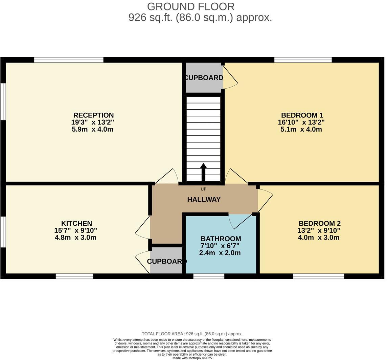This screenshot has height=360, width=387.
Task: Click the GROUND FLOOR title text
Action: pos(190,7)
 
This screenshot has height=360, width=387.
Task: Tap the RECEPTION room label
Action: pos(93,115)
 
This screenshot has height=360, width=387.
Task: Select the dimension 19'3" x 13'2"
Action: pos(92,122)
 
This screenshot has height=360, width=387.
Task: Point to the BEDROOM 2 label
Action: pos(319,223)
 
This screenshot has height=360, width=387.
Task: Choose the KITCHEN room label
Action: pos(76,223)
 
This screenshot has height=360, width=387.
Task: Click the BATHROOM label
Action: pos(221,239)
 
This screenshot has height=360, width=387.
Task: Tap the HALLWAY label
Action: pos(204,199)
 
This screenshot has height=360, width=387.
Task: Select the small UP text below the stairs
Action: pos(203,189)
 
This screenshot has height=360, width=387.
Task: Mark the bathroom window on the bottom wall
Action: pos(209,276)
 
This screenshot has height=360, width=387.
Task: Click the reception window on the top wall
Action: pos(69,60)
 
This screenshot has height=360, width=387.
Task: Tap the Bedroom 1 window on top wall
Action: pos(303,60)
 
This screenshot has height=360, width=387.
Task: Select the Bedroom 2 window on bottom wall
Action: pos(318,276)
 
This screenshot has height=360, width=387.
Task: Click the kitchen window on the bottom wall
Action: pos(74,276)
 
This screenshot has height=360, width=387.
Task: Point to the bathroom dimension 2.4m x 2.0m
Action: pos(220,253)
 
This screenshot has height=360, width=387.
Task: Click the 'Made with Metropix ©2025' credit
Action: pos(192,358)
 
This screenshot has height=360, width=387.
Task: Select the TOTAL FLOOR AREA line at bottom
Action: pos(192,334)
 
